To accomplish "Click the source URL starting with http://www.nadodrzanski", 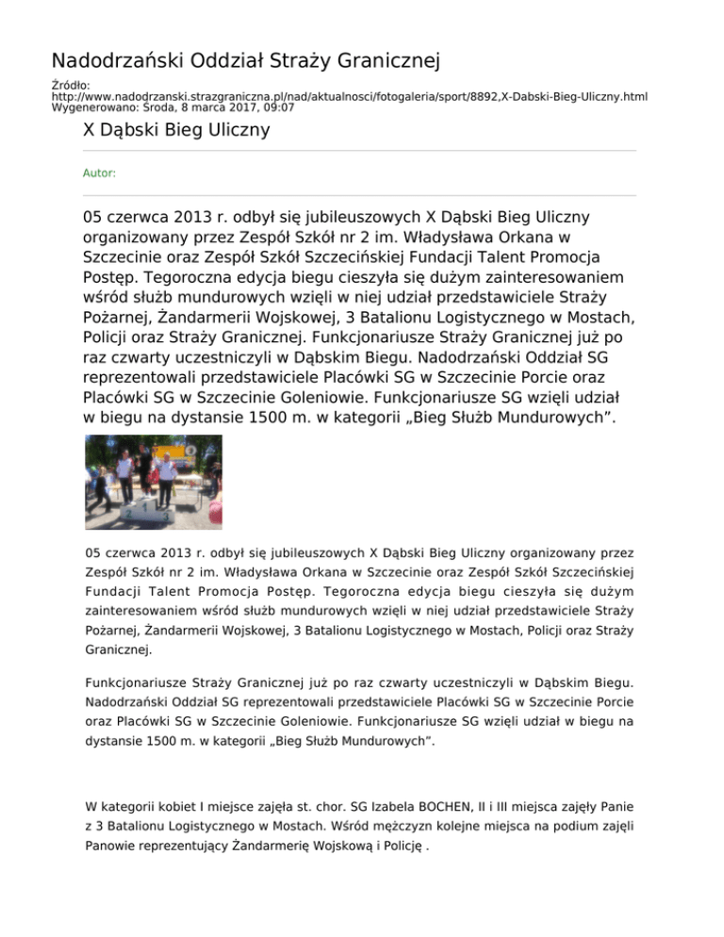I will click(x=349, y=97).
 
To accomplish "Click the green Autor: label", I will click(x=100, y=173).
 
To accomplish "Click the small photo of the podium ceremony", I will click(x=154, y=482).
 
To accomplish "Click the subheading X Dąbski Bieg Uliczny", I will click(x=177, y=129).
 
